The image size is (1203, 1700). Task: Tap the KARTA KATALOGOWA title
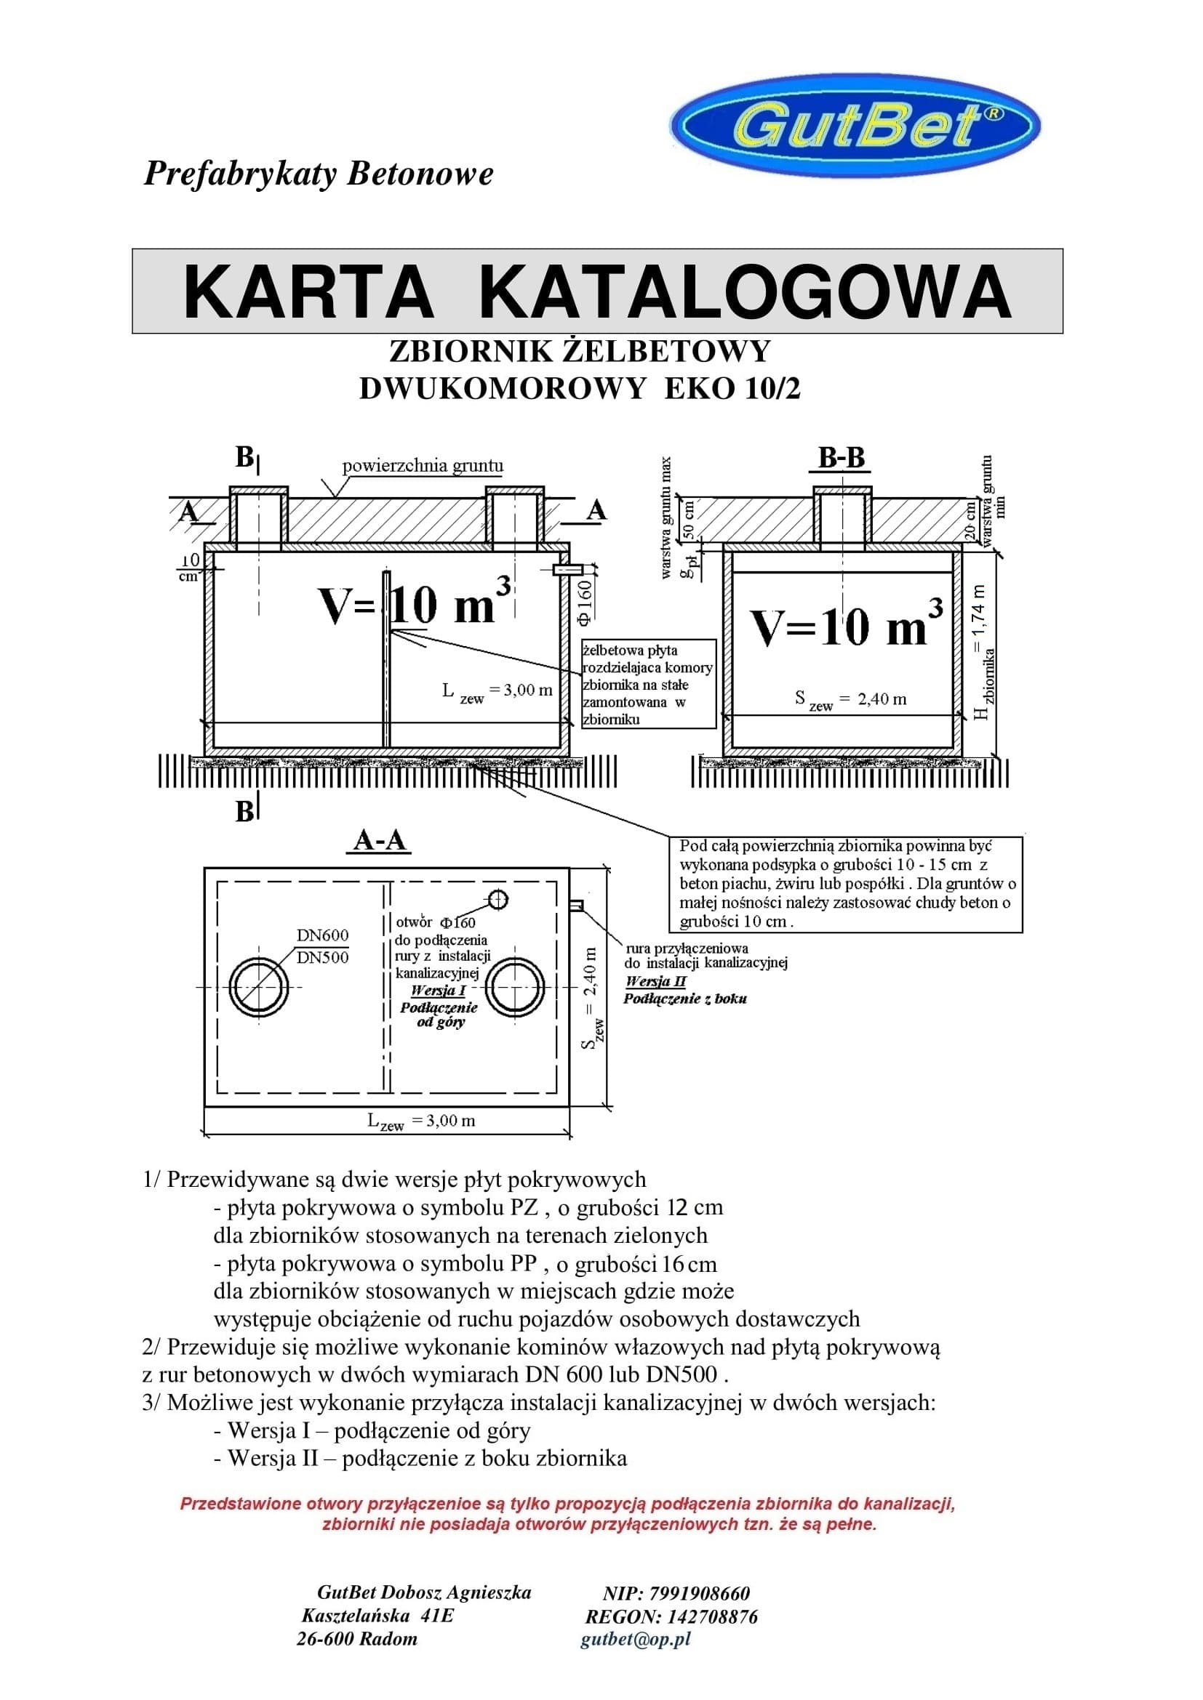coord(597,291)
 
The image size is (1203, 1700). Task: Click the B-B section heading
coord(841,459)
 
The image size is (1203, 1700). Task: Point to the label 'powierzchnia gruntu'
coord(423,466)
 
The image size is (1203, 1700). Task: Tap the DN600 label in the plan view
coord(322,935)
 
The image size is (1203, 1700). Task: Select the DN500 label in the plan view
coord(322,957)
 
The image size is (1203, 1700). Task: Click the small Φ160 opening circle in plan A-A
coord(498,899)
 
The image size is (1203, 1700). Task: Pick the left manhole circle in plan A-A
coord(258,988)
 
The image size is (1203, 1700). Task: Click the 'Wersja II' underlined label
coord(655,982)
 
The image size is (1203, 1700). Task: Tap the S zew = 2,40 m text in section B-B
coord(850,700)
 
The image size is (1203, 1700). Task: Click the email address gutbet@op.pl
coord(636,1638)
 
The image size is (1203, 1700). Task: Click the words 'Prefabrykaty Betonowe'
coord(319,174)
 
